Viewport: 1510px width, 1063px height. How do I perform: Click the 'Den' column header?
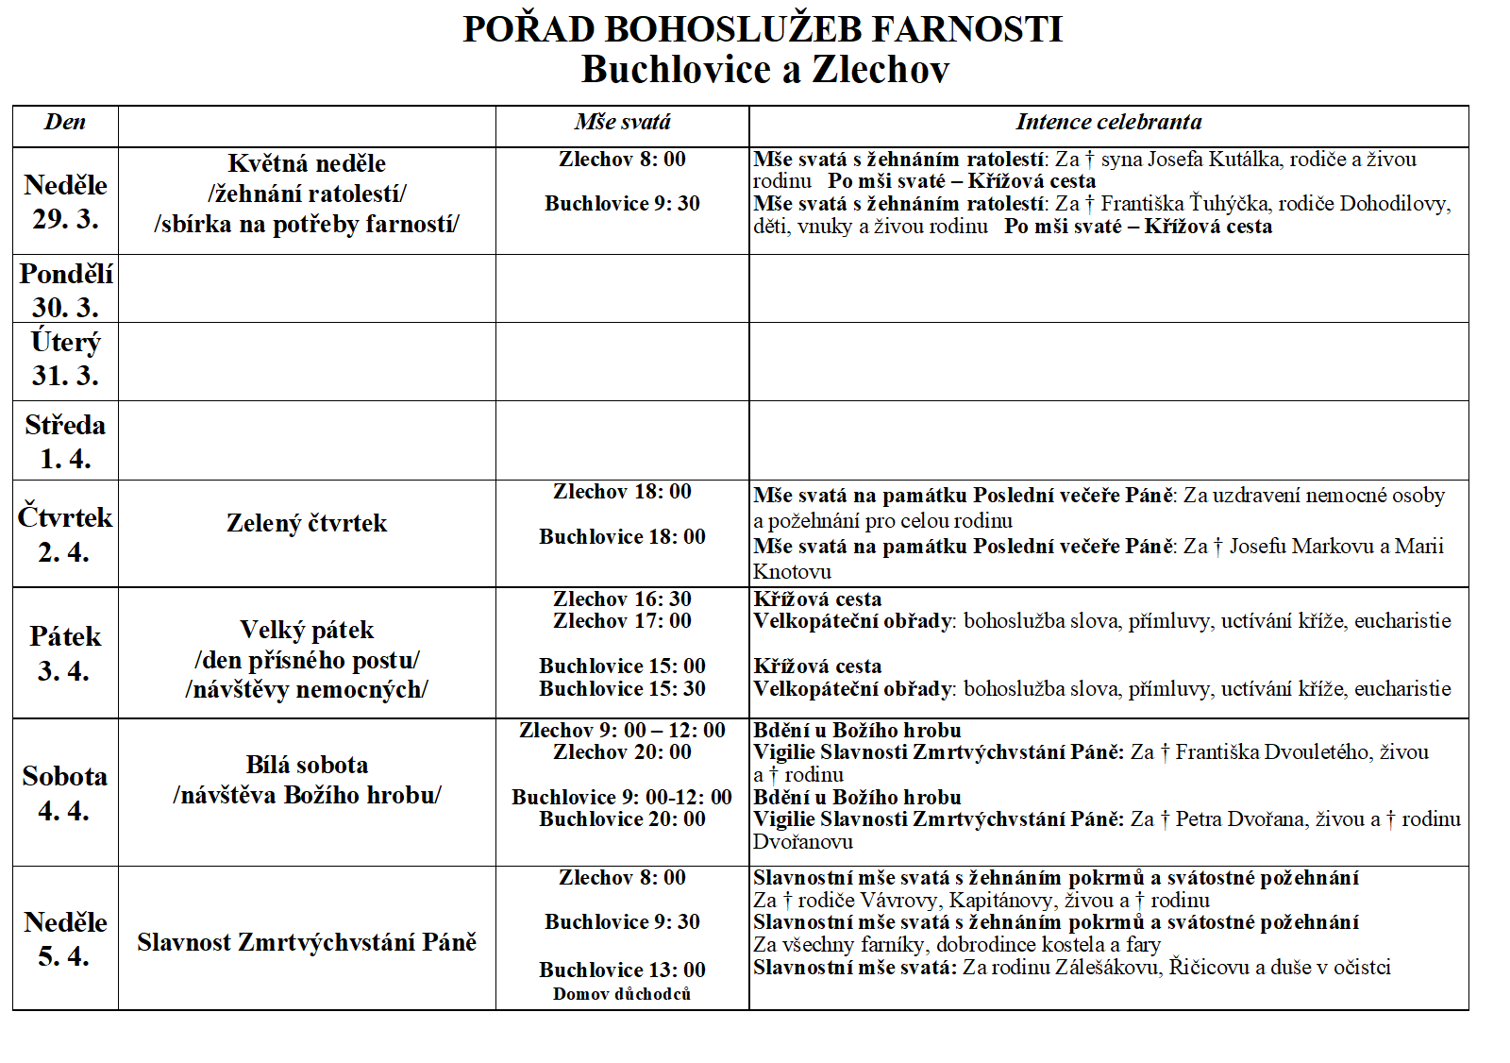65,122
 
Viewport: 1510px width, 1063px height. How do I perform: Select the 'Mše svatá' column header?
622,122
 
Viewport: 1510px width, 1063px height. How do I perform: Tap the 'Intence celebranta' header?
1108,122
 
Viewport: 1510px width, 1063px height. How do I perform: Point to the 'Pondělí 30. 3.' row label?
65,290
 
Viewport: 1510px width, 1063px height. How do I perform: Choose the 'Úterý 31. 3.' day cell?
65,359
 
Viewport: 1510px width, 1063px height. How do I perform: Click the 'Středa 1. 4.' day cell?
65,441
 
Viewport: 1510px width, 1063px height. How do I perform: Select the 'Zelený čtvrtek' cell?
307,523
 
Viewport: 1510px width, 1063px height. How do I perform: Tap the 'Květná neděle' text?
307,163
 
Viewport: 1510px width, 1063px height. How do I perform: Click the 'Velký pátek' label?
307,630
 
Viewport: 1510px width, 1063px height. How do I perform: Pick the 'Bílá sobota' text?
307,765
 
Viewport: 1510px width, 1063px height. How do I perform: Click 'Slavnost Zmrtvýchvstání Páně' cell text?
307,942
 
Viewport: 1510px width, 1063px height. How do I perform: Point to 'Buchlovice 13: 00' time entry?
622,970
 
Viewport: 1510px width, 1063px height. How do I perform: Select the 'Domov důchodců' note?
622,994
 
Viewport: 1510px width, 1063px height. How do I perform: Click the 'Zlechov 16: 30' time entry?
622,599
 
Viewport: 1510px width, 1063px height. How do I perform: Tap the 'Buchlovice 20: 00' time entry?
622,818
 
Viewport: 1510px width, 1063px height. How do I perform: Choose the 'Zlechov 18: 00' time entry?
622,491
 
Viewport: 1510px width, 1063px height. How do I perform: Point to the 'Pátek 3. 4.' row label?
65,653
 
